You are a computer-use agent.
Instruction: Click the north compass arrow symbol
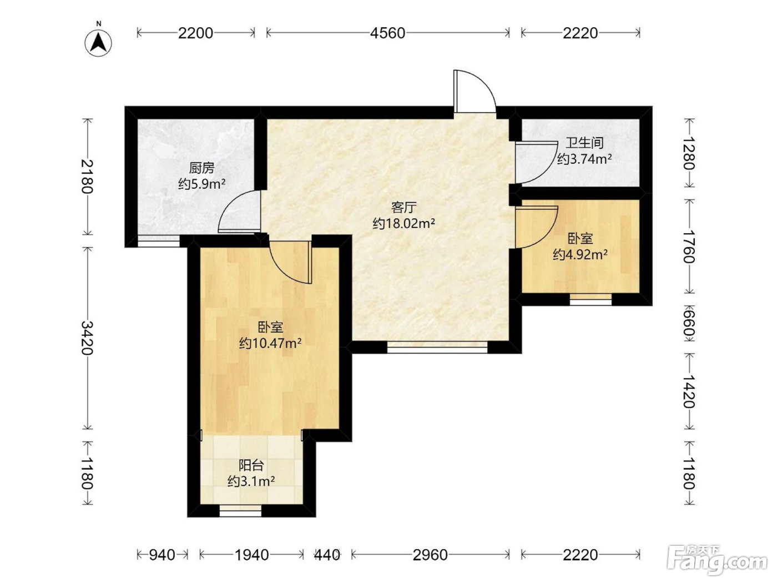pyautogui.click(x=98, y=43)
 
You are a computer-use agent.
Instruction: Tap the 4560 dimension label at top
pyautogui.click(x=387, y=33)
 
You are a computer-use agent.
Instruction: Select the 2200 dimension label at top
pyautogui.click(x=195, y=33)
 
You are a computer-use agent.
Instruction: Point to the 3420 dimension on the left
pyautogui.click(x=87, y=338)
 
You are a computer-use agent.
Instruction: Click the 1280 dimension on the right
pyautogui.click(x=689, y=153)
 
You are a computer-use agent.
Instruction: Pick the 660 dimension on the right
pyautogui.click(x=689, y=323)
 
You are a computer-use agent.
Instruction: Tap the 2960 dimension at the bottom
pyautogui.click(x=430, y=555)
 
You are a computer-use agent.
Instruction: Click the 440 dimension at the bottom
pyautogui.click(x=327, y=555)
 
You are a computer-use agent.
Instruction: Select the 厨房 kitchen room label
pyautogui.click(x=202, y=168)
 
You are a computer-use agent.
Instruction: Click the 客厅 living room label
pyautogui.click(x=404, y=208)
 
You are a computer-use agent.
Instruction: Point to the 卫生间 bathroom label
pyautogui.click(x=584, y=143)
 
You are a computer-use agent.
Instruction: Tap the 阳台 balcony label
pyautogui.click(x=251, y=465)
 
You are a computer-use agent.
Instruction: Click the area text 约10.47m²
pyautogui.click(x=270, y=343)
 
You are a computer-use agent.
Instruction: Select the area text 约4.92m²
pyautogui.click(x=581, y=254)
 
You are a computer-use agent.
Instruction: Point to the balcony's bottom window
pyautogui.click(x=240, y=511)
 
